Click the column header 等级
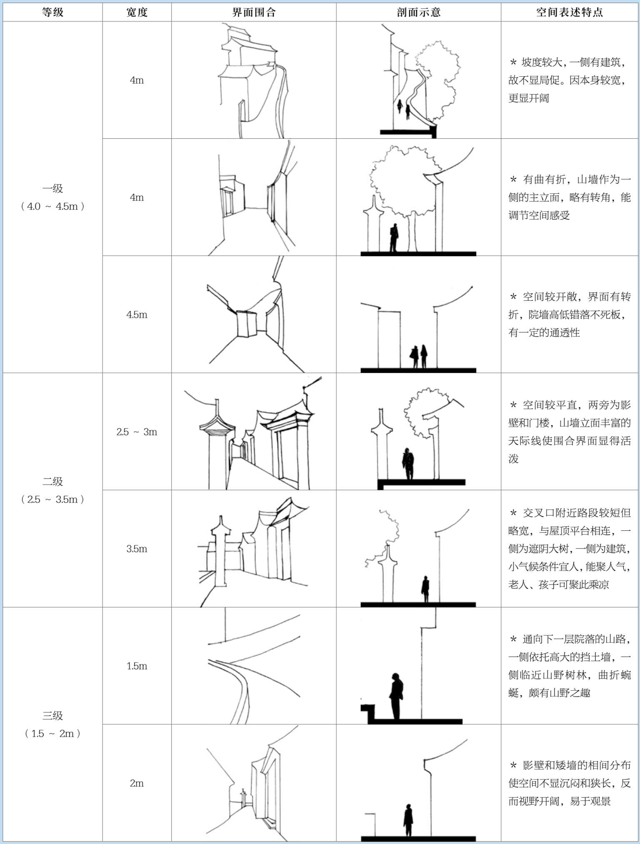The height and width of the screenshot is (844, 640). [x=52, y=12]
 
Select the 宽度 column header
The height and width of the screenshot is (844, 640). [x=137, y=12]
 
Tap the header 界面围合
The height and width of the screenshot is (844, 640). [x=254, y=12]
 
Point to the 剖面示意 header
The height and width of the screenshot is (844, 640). [x=418, y=12]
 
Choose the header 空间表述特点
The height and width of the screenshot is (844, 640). [x=569, y=12]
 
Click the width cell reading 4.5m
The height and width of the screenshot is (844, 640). [x=137, y=315]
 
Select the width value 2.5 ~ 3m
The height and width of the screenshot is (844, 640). [x=137, y=432]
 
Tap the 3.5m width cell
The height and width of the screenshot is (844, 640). [x=137, y=549]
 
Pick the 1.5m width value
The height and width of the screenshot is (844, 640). [x=137, y=666]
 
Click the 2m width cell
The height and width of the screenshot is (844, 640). [x=137, y=783]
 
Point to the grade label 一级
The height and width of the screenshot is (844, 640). [x=52, y=188]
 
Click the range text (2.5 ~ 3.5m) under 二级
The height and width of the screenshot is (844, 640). [x=52, y=499]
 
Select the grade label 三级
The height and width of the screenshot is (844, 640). [x=52, y=715]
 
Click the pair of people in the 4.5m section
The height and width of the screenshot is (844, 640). [x=419, y=356]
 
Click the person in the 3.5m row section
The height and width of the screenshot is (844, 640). [x=425, y=588]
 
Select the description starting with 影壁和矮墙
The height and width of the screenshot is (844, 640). [x=569, y=783]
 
